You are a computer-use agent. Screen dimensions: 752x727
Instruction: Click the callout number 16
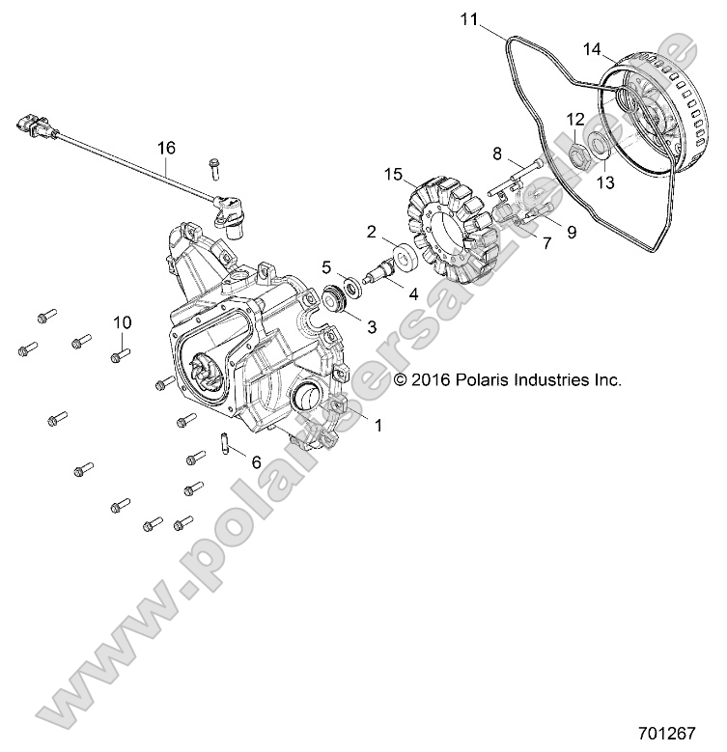(x=167, y=148)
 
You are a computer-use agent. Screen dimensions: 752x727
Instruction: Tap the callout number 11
(x=468, y=18)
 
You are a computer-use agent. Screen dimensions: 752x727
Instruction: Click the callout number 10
(x=123, y=321)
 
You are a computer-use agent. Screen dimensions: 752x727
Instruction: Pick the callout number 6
(x=256, y=462)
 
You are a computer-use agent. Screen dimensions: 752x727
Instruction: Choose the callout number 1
(x=377, y=425)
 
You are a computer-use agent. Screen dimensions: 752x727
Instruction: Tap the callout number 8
(x=497, y=153)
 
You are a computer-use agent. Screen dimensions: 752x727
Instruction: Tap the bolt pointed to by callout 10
(x=119, y=356)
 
